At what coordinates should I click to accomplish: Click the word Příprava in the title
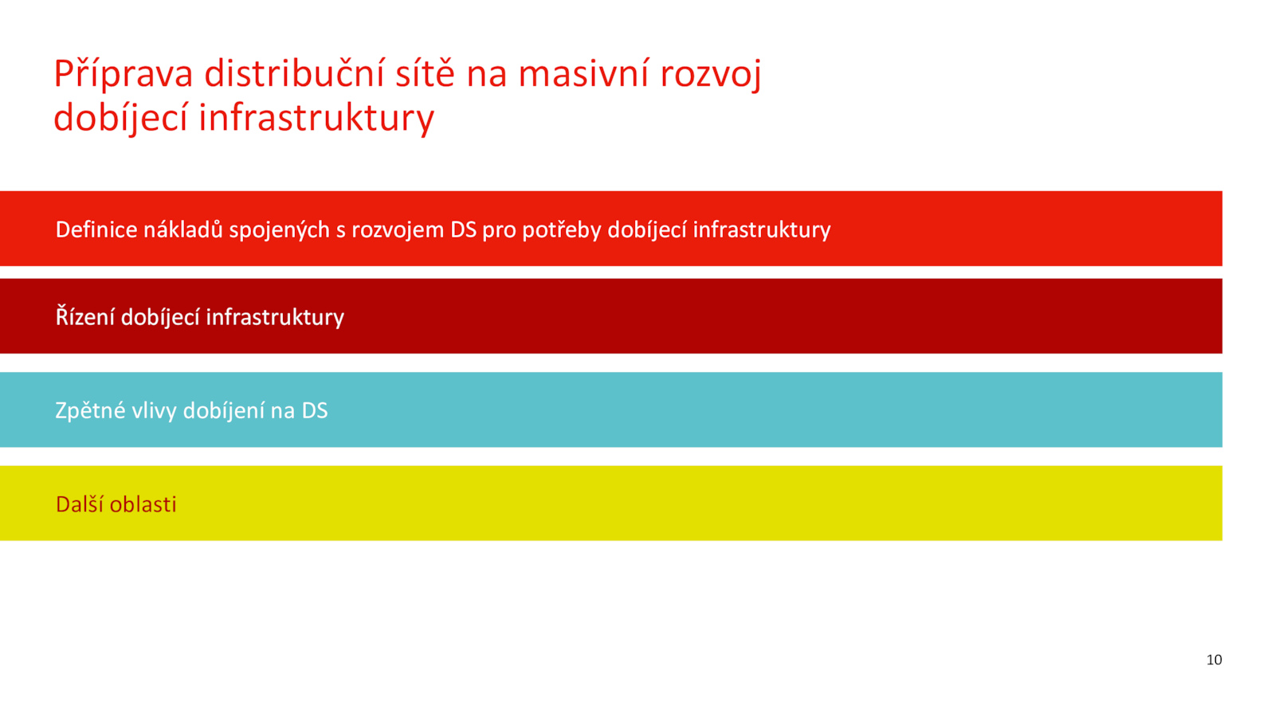click(x=124, y=74)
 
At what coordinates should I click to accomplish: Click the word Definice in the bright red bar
click(x=96, y=229)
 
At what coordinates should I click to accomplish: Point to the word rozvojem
click(x=398, y=230)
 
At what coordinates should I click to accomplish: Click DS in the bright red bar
click(x=463, y=229)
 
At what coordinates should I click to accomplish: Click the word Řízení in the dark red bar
click(x=85, y=316)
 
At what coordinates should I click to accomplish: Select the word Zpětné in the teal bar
click(x=90, y=410)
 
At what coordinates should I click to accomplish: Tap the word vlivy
click(x=154, y=411)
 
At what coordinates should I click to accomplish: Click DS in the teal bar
click(x=315, y=410)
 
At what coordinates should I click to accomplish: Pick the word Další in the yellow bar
click(x=84, y=503)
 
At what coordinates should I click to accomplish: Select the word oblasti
click(x=147, y=504)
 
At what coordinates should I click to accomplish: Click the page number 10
click(x=1214, y=660)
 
